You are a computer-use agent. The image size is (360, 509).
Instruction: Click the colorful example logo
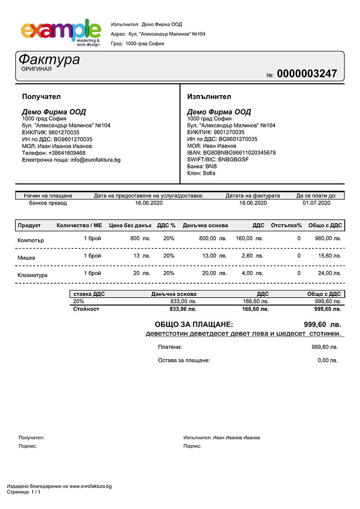[x=61, y=32]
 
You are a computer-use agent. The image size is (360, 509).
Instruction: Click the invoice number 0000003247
[x=307, y=74]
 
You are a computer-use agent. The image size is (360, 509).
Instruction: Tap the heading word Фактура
[x=49, y=60]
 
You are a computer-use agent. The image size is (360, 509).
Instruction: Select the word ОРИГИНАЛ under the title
[x=36, y=69]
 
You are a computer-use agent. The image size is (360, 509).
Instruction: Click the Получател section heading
[x=41, y=97]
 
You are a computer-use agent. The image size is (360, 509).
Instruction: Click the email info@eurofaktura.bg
[x=96, y=160]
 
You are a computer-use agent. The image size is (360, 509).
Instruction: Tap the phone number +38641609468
[x=67, y=153]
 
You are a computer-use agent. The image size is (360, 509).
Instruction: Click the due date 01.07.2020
[x=316, y=203]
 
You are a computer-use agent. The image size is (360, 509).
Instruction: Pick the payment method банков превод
[x=48, y=203]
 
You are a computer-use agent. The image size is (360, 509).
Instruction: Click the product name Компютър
[x=31, y=240]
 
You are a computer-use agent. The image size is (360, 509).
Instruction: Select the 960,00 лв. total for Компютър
[x=328, y=239]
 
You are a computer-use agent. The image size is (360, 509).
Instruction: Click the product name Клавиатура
[x=32, y=275]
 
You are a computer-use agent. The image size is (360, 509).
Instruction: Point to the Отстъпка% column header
[x=286, y=225]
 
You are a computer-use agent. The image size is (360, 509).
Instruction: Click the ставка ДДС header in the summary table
[x=89, y=294]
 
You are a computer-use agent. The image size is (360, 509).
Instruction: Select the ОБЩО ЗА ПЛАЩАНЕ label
[x=194, y=325]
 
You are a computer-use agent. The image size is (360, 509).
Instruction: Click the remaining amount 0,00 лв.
[x=327, y=360]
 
